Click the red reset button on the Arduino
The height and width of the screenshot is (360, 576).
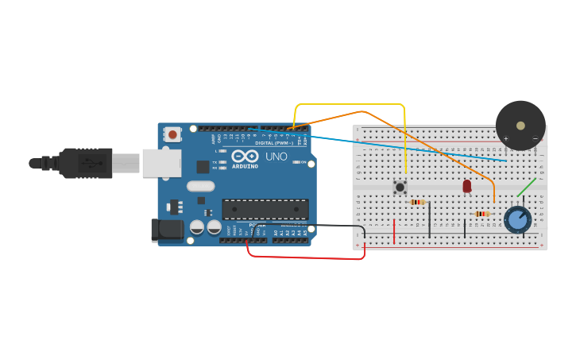(173, 134)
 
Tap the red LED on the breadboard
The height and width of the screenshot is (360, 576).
(466, 186)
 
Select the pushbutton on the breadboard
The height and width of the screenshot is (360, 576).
(400, 188)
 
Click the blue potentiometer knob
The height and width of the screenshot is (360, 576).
(517, 219)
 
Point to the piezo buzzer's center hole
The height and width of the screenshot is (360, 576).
(520, 125)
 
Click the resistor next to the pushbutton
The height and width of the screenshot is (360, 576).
(418, 202)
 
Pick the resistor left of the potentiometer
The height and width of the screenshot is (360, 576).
(481, 213)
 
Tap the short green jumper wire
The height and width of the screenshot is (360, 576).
(526, 188)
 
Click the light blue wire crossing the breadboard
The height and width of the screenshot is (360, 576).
(413, 148)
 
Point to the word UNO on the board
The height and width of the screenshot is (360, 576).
(276, 157)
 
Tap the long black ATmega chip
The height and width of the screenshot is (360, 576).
(265, 209)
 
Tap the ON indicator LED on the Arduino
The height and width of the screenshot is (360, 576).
(295, 162)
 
